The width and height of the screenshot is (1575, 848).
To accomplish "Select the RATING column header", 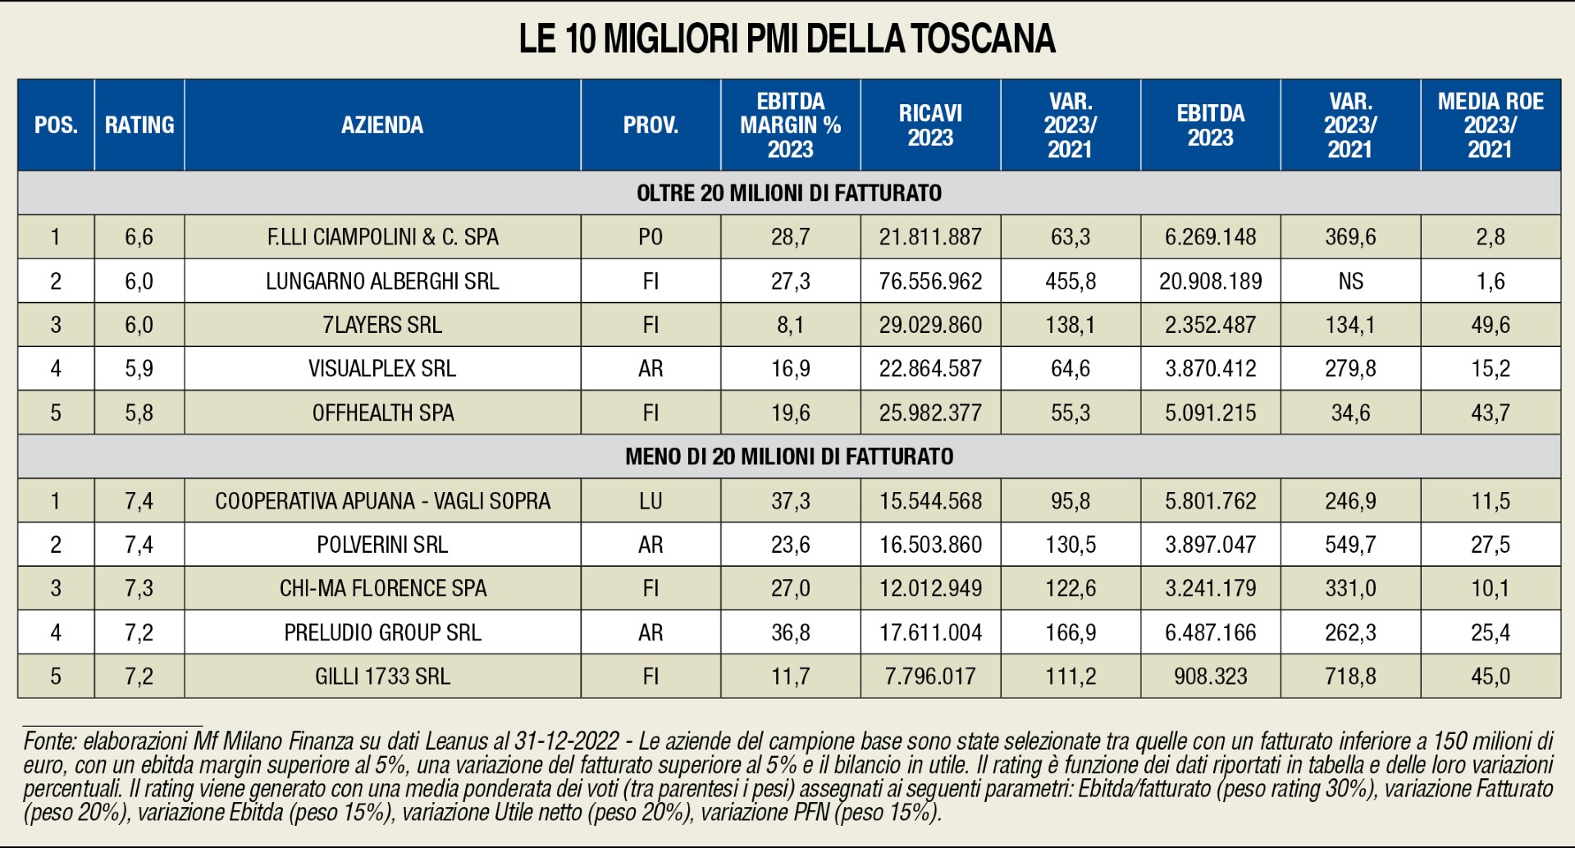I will (139, 125).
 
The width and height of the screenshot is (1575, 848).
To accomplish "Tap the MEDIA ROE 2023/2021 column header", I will (1490, 125).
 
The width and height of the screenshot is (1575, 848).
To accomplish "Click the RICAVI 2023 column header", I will (930, 125).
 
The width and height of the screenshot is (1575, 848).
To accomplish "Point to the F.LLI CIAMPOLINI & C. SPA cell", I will (382, 237).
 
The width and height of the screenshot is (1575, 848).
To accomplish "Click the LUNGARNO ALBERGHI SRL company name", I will (382, 281).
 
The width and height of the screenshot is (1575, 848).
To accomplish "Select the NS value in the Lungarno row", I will (1350, 281).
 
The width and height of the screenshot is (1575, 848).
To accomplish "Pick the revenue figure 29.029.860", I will (930, 325).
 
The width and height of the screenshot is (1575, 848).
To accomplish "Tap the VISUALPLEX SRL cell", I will (382, 368).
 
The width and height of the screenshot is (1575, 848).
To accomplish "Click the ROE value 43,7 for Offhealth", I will (1490, 413).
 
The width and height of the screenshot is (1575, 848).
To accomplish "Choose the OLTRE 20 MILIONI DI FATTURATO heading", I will (788, 193).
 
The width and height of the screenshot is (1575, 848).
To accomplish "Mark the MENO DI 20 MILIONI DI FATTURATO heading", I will (788, 456).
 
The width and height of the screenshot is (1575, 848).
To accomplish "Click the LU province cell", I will (651, 500).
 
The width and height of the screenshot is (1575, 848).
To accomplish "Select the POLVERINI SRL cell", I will (382, 545).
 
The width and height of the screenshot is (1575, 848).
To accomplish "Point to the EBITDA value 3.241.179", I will (1210, 588).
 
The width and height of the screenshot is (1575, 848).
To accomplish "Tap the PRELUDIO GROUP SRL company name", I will (382, 632).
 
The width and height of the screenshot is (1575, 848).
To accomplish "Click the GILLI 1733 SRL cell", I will (382, 676).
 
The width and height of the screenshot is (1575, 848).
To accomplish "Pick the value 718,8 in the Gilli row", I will (1350, 676).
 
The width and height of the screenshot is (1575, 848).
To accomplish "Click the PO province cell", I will (651, 237).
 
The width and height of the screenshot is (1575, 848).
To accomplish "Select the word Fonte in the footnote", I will (49, 741).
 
